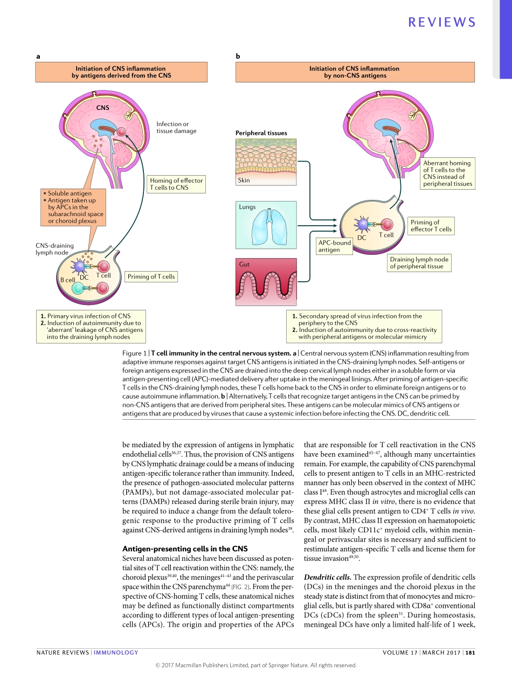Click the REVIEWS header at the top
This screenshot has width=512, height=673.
pyautogui.click(x=442, y=22)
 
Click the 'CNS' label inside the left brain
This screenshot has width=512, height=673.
pyautogui.click(x=102, y=108)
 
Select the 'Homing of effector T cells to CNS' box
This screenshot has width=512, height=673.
pyautogui.click(x=176, y=184)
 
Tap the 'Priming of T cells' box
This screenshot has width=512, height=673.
pyautogui.click(x=151, y=277)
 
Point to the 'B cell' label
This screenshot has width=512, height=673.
pyautogui.click(x=67, y=280)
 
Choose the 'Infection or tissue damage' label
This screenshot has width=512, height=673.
pyautogui.click(x=176, y=127)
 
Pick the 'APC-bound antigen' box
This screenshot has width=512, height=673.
pyautogui.click(x=334, y=246)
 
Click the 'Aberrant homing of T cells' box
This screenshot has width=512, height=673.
pyautogui.click(x=447, y=173)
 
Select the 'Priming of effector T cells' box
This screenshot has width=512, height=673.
pyautogui.click(x=431, y=226)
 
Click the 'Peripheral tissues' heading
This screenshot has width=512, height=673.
pyautogui.click(x=261, y=133)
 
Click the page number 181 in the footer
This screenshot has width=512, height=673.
pyautogui.click(x=470, y=653)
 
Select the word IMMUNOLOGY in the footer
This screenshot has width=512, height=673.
pyautogui.click(x=116, y=653)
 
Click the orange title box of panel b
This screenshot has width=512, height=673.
pyautogui.click(x=354, y=72)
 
